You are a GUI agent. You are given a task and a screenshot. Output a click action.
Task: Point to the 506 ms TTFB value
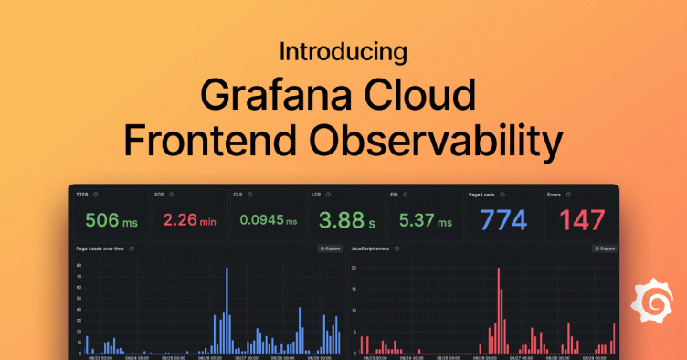point(110,220)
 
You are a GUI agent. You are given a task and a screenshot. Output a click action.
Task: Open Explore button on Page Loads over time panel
point(329,249)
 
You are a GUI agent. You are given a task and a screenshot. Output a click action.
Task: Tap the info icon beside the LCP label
point(331,195)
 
